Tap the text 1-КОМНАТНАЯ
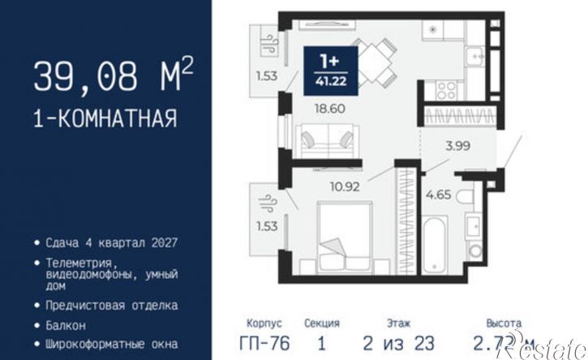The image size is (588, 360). (105, 120)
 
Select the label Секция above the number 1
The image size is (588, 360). (322, 323)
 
